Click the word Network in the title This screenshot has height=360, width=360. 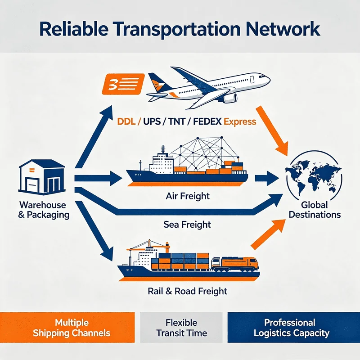pyautogui.click(x=283, y=29)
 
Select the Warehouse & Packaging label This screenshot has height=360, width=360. pyautogui.click(x=44, y=210)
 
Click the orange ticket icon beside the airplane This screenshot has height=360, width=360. pyautogui.click(x=123, y=84)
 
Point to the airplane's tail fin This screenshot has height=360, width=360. pyautogui.click(x=158, y=82)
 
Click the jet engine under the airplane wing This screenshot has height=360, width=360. pyautogui.click(x=230, y=98)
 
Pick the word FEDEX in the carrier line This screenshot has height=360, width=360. pyautogui.click(x=207, y=121)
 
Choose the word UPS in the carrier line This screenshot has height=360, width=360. pyautogui.click(x=152, y=121)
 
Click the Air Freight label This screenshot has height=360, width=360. pyautogui.click(x=188, y=196)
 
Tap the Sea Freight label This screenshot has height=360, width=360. pyautogui.click(x=187, y=224)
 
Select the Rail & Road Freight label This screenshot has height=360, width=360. pyautogui.click(x=187, y=291)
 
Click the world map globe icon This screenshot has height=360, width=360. pyautogui.click(x=313, y=177)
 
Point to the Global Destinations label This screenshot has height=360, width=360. pyautogui.click(x=315, y=210)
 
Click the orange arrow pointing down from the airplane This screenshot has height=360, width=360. pyautogui.click(x=272, y=131)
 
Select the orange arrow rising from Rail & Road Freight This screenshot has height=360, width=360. pyautogui.click(x=268, y=234)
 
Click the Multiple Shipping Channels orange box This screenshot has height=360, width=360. pyautogui.click(x=67, y=328)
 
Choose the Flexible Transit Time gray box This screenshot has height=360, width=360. pyautogui.click(x=181, y=328)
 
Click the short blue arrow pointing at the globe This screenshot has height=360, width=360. pyautogui.click(x=267, y=178)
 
